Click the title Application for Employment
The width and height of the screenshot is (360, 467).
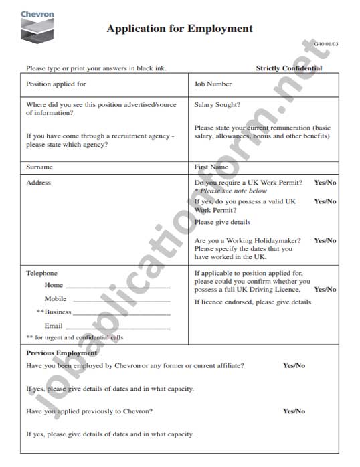click(179, 29)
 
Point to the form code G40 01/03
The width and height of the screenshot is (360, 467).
click(327, 44)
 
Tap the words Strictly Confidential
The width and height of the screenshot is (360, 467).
click(288, 68)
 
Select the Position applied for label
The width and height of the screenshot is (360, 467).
click(56, 84)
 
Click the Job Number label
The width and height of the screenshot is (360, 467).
click(213, 84)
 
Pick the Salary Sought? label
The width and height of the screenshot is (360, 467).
click(217, 104)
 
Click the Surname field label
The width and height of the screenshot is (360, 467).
click(39, 167)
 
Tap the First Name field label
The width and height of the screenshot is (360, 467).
click(211, 167)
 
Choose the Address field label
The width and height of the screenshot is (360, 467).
click(38, 183)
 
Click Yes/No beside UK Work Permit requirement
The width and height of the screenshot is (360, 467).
click(325, 183)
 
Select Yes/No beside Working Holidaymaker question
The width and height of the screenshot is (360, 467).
click(325, 240)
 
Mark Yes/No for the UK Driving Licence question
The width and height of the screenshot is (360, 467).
click(325, 290)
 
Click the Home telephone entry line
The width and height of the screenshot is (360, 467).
click(117, 287)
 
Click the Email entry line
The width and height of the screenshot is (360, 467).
click(117, 328)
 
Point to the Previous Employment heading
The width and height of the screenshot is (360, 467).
click(62, 353)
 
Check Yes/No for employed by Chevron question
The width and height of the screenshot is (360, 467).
click(294, 365)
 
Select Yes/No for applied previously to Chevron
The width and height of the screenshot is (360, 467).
click(294, 411)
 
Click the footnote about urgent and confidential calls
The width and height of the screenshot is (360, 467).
click(74, 338)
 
